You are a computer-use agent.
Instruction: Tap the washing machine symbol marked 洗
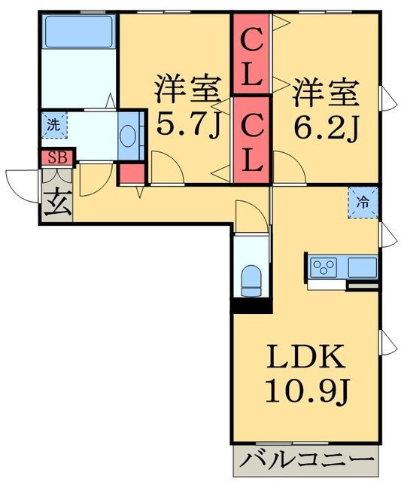coord(54,125)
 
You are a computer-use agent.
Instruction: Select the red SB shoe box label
coord(58,157)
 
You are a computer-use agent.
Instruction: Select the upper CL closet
coord(251,53)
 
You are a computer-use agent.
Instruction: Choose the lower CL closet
coord(251,140)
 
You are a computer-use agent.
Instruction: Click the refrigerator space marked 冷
coord(363,203)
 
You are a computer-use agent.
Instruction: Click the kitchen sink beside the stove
coord(363,267)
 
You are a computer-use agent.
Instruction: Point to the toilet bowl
coord(252,280)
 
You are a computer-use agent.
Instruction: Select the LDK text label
coord(305,356)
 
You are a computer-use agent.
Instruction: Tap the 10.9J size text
coord(308,391)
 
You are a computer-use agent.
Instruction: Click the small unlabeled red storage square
coord(132,174)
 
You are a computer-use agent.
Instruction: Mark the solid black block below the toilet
coord(252,306)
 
